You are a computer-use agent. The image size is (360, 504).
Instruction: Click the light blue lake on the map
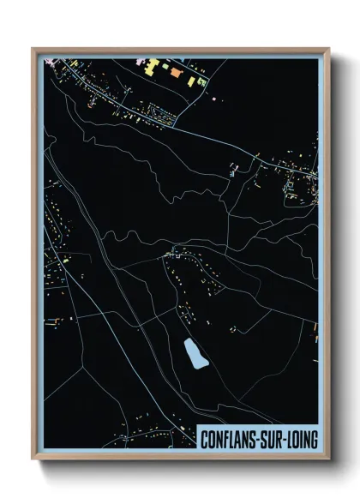(x=195, y=353)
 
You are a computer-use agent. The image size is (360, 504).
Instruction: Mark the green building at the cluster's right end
(x=201, y=81)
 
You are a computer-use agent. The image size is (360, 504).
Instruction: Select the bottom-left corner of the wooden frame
(x=33, y=459)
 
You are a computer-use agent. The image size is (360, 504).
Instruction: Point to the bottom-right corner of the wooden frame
(x=329, y=459)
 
